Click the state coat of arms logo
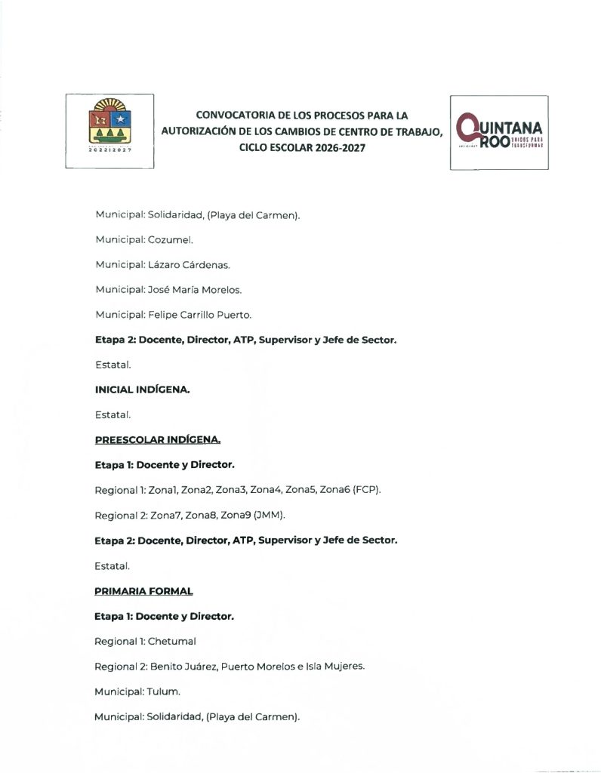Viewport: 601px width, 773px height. click(x=109, y=131)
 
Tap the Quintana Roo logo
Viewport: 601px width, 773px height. click(x=499, y=132)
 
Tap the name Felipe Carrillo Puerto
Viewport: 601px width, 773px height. click(x=198, y=314)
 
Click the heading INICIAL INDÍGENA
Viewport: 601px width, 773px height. click(x=141, y=390)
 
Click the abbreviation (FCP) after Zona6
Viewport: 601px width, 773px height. click(x=367, y=490)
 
